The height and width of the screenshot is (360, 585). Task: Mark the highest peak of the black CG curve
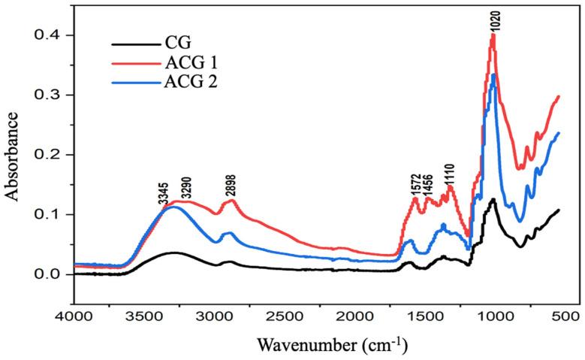[493, 199]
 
